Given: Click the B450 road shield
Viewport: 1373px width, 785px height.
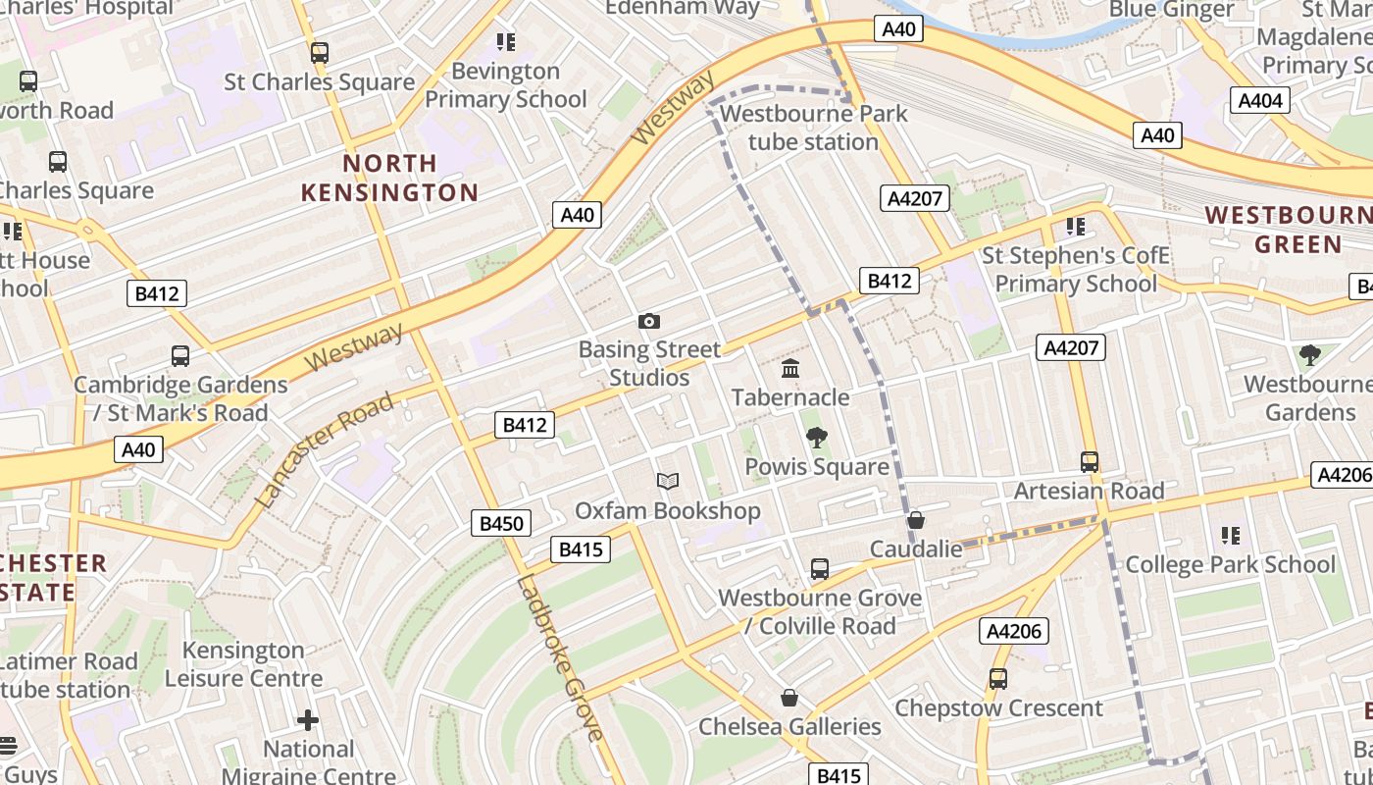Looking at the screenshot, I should point(501,523).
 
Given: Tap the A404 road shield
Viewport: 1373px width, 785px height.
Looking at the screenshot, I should point(1259,100).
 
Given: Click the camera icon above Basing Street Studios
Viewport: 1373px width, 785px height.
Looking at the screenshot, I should point(648,321).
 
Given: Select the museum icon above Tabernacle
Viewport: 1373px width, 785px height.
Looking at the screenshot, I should point(790,369).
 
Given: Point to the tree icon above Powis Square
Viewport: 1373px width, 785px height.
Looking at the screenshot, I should point(816,438).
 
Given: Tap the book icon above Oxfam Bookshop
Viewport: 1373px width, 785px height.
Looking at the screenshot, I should point(668,482).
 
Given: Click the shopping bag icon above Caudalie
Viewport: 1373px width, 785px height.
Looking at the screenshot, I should point(916,520).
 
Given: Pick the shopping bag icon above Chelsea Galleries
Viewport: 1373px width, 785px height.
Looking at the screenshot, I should point(789,698).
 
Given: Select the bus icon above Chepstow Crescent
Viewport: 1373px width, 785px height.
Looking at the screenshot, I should point(998,679).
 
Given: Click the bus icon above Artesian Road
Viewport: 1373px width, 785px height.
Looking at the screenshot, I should point(1089,462).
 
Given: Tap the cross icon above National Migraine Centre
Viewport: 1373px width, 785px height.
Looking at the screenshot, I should point(308,720).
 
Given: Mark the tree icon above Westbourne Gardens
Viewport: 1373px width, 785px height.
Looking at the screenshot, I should point(1309,355).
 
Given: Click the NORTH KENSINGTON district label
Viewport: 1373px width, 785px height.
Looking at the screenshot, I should point(389,178).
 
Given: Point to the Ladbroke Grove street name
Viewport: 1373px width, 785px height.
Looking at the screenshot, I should point(559,658).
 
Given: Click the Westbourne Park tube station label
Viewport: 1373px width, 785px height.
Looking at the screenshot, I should point(813,128).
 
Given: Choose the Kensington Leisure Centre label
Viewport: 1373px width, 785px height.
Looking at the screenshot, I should point(243,664).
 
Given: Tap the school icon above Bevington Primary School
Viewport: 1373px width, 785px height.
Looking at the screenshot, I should point(505,42).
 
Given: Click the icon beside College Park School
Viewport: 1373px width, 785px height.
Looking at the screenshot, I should point(1231,536).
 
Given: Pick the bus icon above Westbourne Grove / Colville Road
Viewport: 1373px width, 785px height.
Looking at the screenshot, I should point(820,569).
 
